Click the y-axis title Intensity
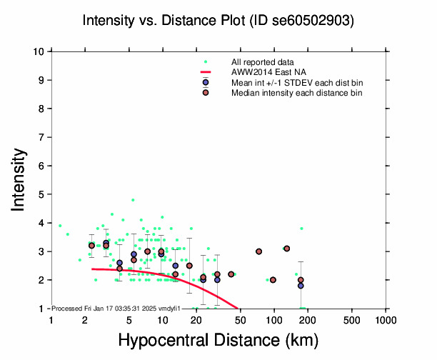[x=20, y=179]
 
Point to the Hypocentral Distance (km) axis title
[x=218, y=340]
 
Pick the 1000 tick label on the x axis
[x=386, y=319]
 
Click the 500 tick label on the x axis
[x=352, y=319]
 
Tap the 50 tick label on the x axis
[x=241, y=319]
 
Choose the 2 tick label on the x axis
[x=85, y=319]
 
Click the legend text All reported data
[x=261, y=62]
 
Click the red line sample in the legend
[x=206, y=72]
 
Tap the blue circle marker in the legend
[x=206, y=82]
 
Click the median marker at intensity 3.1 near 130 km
[x=286, y=249]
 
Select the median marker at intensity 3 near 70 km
[x=258, y=251]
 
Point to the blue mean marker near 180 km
[x=301, y=286]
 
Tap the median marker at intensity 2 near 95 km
[x=273, y=280]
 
